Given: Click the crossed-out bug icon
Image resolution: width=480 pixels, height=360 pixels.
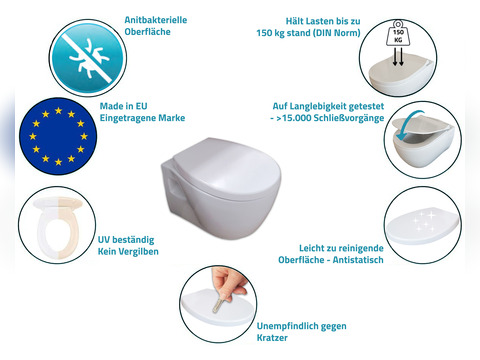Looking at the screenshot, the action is tap(88, 58).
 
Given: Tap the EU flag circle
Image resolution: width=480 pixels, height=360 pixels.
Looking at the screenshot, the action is tap(58, 136).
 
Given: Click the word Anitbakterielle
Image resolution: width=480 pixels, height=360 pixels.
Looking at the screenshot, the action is tap(156, 20).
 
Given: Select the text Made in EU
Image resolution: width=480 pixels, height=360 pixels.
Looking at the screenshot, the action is tap(123, 106).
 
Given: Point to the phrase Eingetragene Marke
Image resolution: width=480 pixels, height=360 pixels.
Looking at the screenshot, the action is tap(142, 118).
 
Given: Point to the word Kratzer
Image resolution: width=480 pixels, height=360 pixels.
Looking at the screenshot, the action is tap(272, 338).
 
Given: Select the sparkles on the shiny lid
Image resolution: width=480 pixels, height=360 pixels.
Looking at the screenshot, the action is tap(424, 218).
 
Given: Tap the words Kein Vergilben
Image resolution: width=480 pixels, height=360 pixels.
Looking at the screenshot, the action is tap(128, 251).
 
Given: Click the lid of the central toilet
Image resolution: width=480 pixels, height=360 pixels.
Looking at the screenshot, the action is tap(226, 169).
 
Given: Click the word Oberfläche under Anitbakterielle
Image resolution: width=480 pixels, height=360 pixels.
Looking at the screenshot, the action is tap(147, 32).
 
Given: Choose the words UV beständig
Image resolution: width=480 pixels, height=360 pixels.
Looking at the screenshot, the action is tap(126, 240).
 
